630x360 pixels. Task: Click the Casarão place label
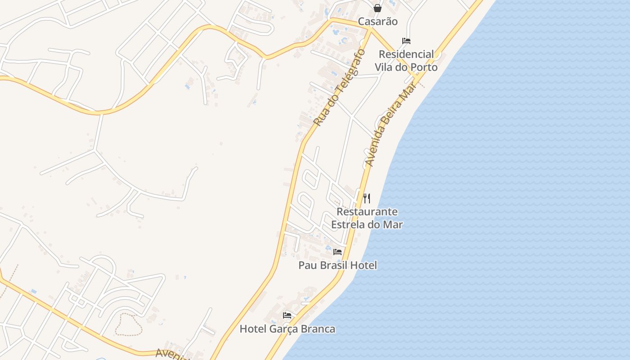tap(378, 22)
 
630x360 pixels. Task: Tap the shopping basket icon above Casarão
tap(378, 8)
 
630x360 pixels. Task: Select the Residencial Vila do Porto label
tap(406, 61)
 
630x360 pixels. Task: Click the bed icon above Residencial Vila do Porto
tap(406, 41)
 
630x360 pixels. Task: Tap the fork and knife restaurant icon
tap(367, 198)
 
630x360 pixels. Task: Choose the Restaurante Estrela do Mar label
tap(367, 218)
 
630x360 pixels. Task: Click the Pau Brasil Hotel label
tap(337, 265)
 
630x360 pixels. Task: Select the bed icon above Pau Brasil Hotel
tap(337, 252)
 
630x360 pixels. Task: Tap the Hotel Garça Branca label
tap(287, 329)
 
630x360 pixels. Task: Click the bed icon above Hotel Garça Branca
tap(287, 315)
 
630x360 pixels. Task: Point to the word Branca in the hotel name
tap(318, 329)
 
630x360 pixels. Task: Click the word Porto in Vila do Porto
tap(423, 67)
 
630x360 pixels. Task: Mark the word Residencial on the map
tap(406, 54)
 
